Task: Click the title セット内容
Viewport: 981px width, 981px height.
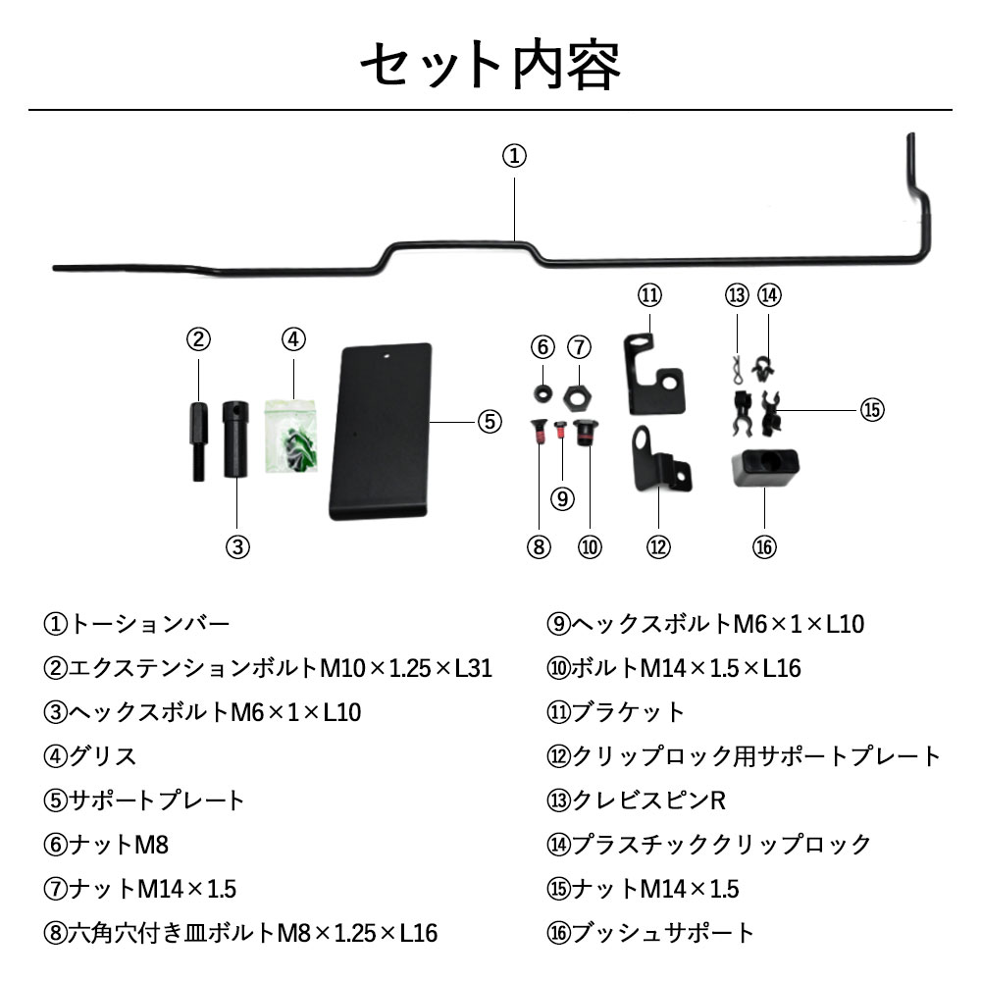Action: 490,65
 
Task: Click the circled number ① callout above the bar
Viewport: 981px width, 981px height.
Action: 515,156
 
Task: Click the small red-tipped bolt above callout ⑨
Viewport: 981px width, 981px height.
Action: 561,430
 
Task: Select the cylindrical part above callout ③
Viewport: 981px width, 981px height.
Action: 236,438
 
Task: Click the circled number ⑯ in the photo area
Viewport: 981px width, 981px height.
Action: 763,547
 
